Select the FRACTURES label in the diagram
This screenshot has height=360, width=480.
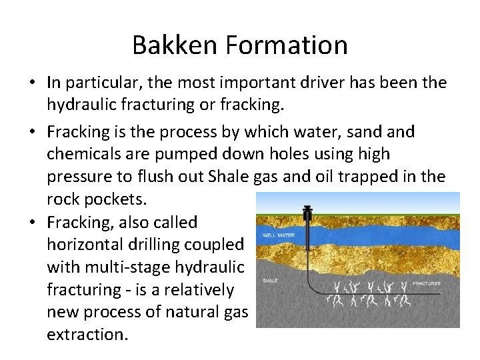coord(426,283)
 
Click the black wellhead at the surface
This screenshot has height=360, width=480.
coord(307,215)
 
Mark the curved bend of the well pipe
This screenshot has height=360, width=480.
coord(313,288)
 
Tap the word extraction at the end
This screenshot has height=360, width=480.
coord(86,335)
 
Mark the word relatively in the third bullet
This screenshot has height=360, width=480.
coord(201,290)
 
